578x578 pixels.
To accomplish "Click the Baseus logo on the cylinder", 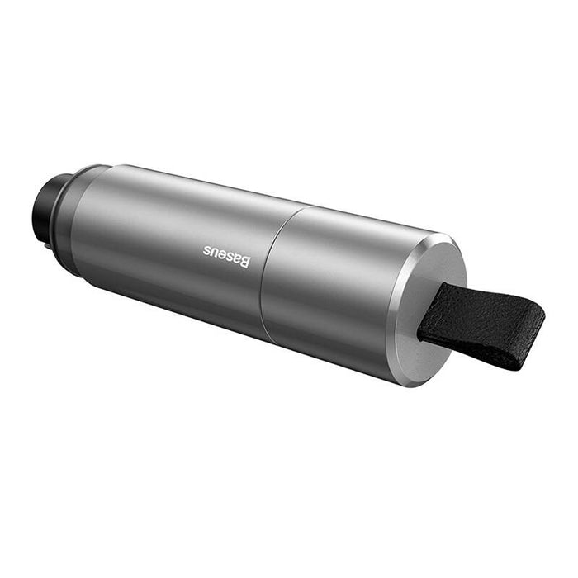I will (x=226, y=254).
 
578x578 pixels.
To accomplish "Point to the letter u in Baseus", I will (x=214, y=250).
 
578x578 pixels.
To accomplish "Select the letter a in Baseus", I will (x=239, y=258).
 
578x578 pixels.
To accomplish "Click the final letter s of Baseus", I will (x=206, y=248).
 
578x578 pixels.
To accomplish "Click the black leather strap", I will (x=483, y=322).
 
